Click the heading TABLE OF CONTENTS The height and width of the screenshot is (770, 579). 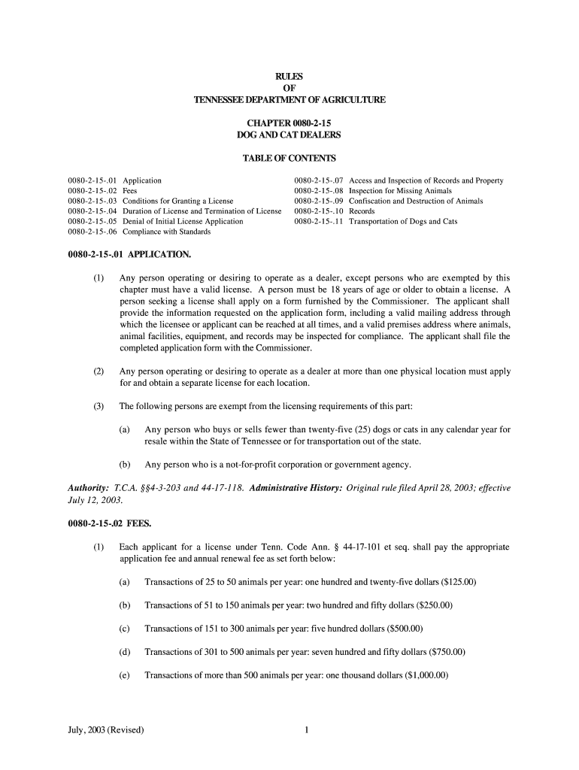(289, 159)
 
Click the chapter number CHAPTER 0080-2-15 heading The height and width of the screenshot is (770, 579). (289, 122)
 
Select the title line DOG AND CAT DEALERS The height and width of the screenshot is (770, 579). (289, 135)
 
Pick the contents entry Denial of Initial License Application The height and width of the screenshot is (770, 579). (183, 222)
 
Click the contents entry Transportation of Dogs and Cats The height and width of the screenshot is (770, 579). (403, 222)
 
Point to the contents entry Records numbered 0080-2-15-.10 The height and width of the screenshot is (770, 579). (362, 211)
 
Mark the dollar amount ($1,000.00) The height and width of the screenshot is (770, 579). (426, 675)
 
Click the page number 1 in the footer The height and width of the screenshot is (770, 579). (308, 730)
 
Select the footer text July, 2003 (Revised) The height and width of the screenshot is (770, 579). (106, 730)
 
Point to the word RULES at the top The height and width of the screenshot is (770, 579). (289, 76)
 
